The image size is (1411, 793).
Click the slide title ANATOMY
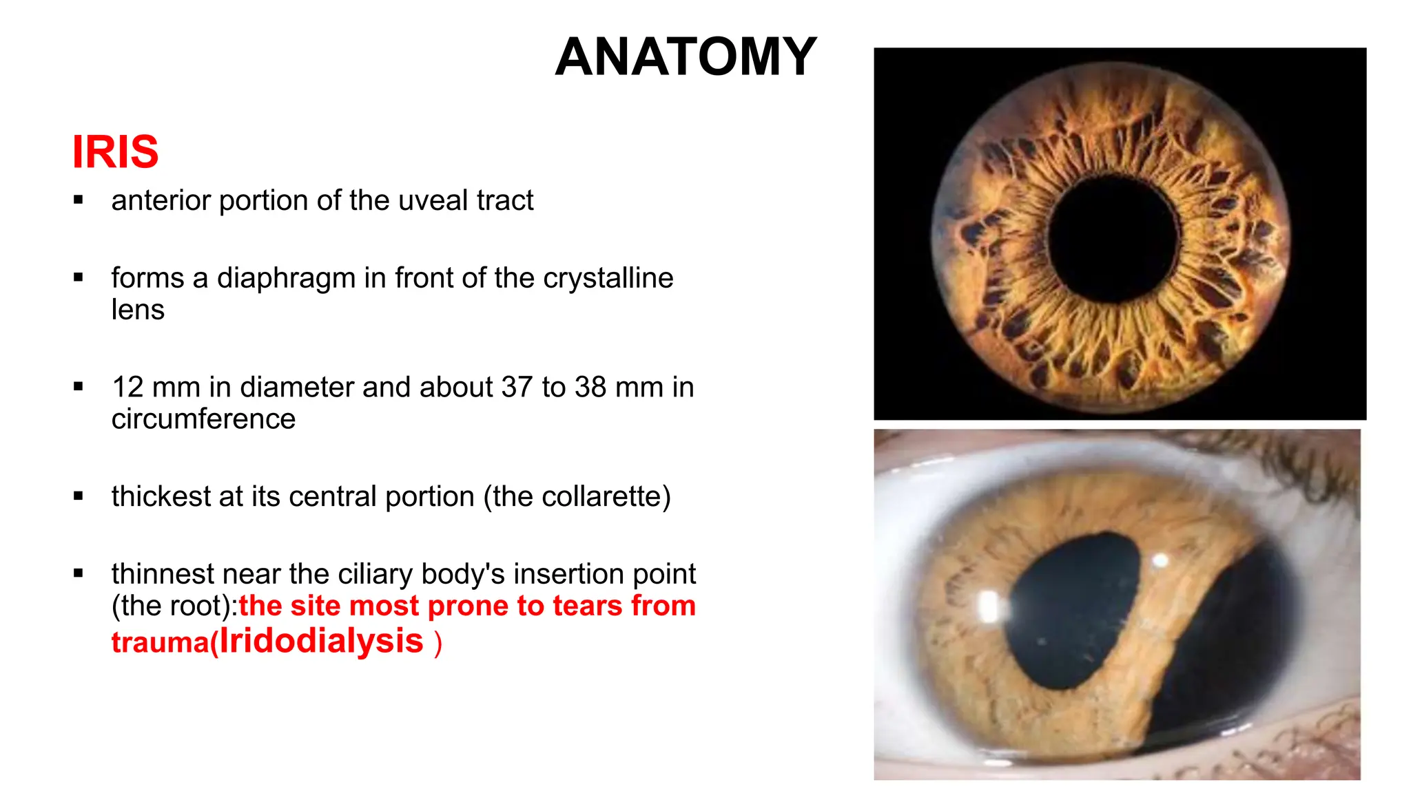686,57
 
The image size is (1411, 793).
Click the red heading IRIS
115,152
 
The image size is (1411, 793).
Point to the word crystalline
608,279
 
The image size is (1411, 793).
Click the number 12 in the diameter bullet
127,388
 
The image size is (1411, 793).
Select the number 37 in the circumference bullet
517,388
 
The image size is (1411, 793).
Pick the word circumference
203,419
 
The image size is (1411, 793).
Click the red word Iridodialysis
321,641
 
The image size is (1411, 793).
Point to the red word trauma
160,644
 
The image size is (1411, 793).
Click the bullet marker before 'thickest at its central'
79,496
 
